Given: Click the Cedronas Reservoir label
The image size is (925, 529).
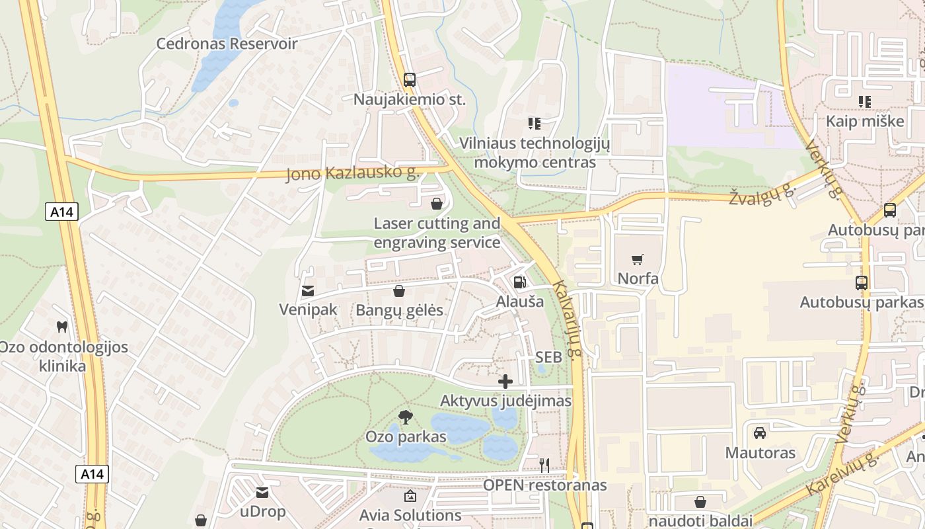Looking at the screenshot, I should click(227, 44).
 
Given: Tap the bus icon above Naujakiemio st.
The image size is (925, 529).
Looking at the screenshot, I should click(410, 80).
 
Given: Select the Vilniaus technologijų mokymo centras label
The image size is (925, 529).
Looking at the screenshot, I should click(535, 153).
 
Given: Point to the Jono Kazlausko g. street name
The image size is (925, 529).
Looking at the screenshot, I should click(353, 173).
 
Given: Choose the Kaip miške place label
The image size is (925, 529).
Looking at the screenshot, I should click(865, 121).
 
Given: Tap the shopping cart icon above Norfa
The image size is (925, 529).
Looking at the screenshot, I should click(638, 259).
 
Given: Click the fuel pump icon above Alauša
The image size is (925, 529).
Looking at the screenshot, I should click(520, 282).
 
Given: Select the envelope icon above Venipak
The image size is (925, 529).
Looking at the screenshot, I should click(308, 290).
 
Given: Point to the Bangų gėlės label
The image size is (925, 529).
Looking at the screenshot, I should click(399, 310).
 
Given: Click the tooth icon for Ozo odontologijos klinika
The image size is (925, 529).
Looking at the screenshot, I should click(62, 327).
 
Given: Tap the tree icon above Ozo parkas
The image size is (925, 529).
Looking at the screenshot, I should click(406, 417).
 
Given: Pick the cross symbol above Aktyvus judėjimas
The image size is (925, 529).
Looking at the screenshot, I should click(505, 382).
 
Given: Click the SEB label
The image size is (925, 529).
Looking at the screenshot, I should click(548, 357).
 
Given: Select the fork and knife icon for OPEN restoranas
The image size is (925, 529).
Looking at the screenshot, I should click(544, 466).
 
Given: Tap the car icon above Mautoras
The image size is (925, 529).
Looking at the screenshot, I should click(760, 433).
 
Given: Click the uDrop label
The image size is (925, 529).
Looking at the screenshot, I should click(262, 511).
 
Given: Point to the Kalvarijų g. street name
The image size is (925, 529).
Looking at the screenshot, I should click(568, 320).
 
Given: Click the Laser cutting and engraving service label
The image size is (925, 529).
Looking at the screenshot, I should click(437, 233).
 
